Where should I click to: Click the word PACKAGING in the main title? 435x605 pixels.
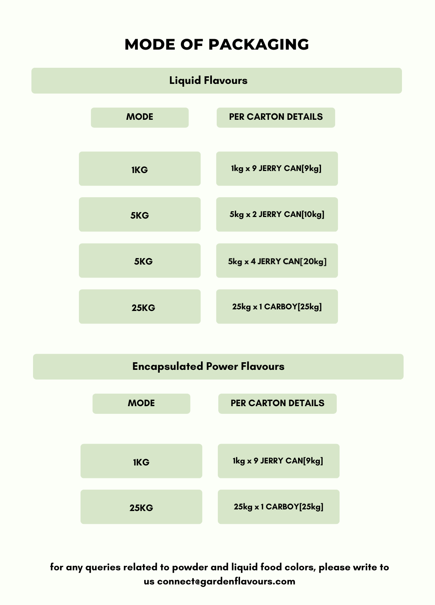tap(259, 44)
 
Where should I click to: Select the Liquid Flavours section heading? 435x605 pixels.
tap(208, 81)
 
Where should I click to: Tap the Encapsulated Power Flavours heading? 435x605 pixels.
tap(208, 367)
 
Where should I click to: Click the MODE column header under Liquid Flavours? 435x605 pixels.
tap(140, 117)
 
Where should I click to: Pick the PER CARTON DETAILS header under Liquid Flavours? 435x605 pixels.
tap(275, 117)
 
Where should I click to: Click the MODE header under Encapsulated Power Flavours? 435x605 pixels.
tap(141, 403)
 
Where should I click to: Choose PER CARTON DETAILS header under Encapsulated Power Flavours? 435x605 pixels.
tap(277, 403)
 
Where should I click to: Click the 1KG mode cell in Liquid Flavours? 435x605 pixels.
tap(140, 169)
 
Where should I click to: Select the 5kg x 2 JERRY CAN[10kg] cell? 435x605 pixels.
tap(277, 215)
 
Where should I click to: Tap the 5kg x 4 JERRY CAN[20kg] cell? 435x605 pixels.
tap(277, 261)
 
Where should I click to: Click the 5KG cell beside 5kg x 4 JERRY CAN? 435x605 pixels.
tap(140, 261)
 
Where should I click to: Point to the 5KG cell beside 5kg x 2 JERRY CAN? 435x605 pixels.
tap(140, 215)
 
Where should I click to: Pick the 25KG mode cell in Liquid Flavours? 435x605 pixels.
tap(140, 307)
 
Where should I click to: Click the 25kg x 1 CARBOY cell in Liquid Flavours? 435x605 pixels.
tap(277, 307)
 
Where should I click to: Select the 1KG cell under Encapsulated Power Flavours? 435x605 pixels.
tap(141, 461)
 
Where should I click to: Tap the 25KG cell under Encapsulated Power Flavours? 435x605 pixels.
tap(141, 507)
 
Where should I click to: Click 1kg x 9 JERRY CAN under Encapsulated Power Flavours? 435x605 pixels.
tap(279, 461)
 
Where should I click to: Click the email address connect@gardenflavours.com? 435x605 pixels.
tap(226, 581)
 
